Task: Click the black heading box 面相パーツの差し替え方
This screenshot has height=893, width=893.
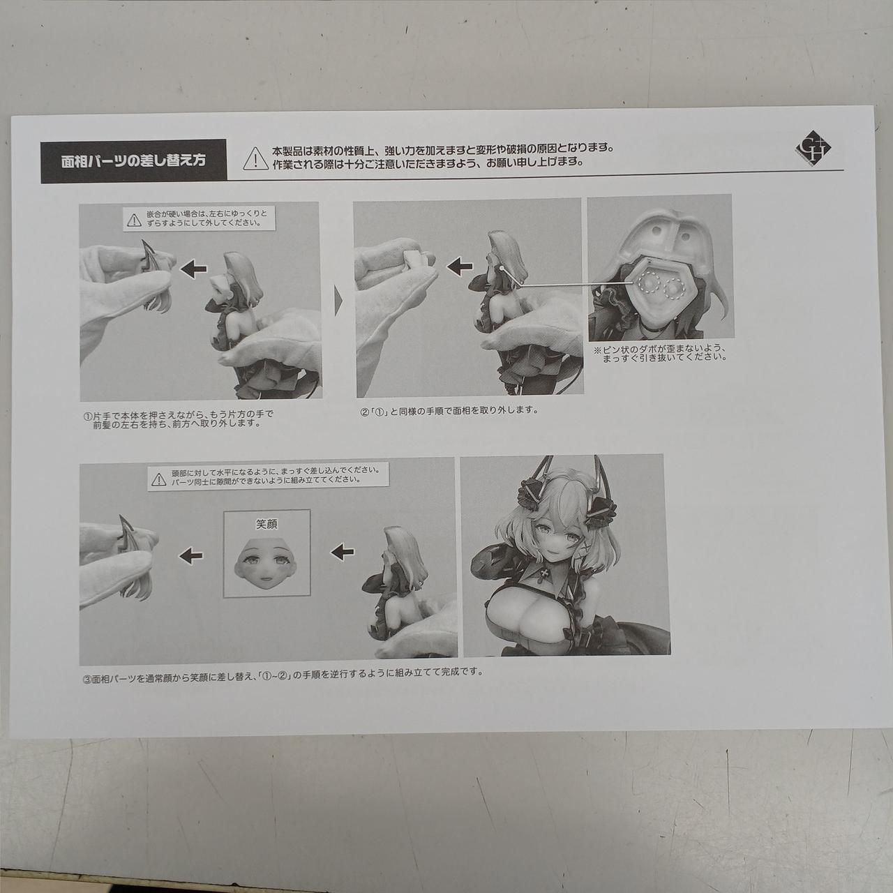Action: [x=134, y=160]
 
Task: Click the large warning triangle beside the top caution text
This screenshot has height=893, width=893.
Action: [x=255, y=158]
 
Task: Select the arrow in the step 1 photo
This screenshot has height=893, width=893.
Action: [x=193, y=268]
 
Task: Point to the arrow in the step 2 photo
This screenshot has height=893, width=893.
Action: [x=459, y=266]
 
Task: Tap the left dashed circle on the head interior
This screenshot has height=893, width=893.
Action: [x=647, y=285]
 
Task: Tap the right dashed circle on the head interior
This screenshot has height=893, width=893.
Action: [x=675, y=290]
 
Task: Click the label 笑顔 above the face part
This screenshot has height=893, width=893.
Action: [x=267, y=524]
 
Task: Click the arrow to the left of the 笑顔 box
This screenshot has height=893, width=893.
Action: [x=191, y=554]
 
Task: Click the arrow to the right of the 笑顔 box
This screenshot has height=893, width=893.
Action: [x=342, y=551]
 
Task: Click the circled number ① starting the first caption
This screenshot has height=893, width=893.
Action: [x=87, y=416]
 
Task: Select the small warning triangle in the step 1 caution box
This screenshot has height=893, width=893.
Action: [x=135, y=220]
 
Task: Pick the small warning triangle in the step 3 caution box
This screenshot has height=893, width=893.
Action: [x=158, y=479]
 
